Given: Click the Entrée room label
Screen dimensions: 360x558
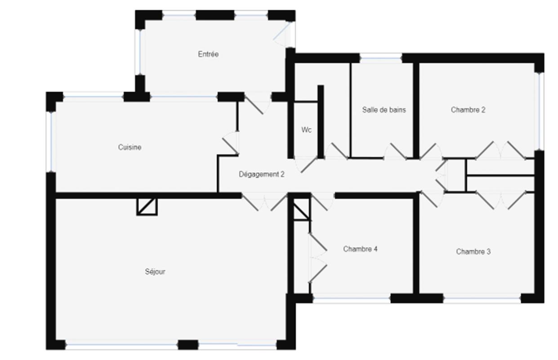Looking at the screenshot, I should (x=208, y=54).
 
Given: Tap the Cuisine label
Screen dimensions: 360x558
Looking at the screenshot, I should (x=129, y=147).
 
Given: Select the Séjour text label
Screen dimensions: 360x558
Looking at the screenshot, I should (x=155, y=272).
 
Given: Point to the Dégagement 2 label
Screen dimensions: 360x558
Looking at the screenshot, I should (x=261, y=175).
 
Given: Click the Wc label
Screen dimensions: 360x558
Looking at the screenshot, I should (x=306, y=130).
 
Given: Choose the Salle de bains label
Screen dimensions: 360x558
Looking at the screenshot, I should (x=384, y=110).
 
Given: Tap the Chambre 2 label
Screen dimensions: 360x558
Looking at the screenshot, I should (x=468, y=110).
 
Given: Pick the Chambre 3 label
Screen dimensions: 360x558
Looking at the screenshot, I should (x=473, y=252).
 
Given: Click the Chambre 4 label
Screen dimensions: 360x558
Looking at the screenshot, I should (x=360, y=249).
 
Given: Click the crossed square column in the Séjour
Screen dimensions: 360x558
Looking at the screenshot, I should (x=147, y=207).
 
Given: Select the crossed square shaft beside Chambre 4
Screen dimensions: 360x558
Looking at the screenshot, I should (x=301, y=210).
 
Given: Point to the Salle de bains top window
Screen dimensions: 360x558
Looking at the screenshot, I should (x=381, y=58).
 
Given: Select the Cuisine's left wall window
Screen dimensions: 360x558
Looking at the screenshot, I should (x=51, y=141).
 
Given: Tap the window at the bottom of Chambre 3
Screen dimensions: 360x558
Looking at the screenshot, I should (x=482, y=298).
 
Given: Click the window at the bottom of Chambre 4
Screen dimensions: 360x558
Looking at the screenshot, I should (x=352, y=298).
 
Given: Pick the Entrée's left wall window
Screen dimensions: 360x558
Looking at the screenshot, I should (x=140, y=51).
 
